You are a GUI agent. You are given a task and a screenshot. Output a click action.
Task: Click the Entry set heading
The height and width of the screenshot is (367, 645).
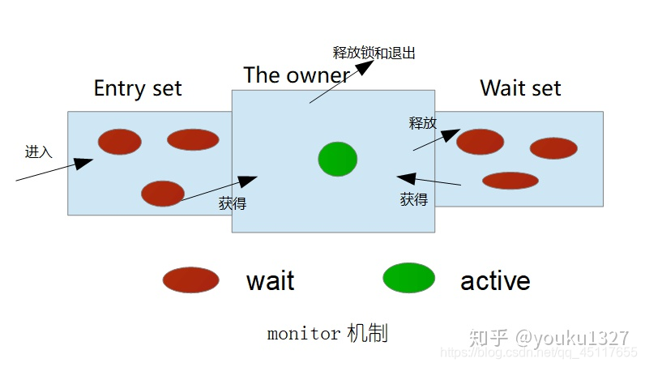[138, 88]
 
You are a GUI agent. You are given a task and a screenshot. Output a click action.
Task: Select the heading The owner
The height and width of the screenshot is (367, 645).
[296, 75]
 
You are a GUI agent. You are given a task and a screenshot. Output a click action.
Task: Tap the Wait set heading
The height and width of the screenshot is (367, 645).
[520, 88]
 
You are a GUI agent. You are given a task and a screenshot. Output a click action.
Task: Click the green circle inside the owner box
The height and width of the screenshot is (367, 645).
[337, 159]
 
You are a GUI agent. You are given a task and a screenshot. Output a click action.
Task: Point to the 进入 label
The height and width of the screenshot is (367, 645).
[38, 151]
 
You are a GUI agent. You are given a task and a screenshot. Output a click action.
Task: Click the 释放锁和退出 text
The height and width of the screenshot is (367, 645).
[374, 53]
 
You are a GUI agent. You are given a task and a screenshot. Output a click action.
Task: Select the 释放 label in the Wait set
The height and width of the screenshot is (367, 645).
[422, 123]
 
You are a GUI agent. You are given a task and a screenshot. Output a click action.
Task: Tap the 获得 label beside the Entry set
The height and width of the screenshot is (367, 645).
[233, 203]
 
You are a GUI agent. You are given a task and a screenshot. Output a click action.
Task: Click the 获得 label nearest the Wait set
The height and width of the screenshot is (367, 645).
[413, 198]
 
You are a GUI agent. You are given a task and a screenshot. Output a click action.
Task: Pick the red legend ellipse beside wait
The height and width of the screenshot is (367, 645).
[190, 280]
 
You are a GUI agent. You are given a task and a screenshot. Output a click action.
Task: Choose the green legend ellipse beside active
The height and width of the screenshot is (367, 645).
[408, 278]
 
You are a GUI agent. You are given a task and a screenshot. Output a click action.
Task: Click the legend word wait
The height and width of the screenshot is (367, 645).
[270, 281]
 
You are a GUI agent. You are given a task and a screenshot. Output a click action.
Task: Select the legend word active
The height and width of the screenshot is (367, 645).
[495, 280]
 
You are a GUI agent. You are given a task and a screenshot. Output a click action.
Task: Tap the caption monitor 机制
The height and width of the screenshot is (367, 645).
[327, 333]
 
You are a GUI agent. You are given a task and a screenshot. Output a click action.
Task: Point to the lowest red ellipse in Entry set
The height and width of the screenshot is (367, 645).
[162, 194]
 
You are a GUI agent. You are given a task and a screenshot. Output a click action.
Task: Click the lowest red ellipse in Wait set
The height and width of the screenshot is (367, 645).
[510, 180]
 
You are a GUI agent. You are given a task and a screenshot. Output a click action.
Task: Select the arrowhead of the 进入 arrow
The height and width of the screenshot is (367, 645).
[84, 163]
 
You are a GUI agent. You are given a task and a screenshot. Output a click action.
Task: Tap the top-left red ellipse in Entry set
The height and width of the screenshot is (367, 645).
[120, 142]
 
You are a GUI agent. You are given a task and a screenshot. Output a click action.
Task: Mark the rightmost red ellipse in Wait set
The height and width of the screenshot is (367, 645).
[553, 148]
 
